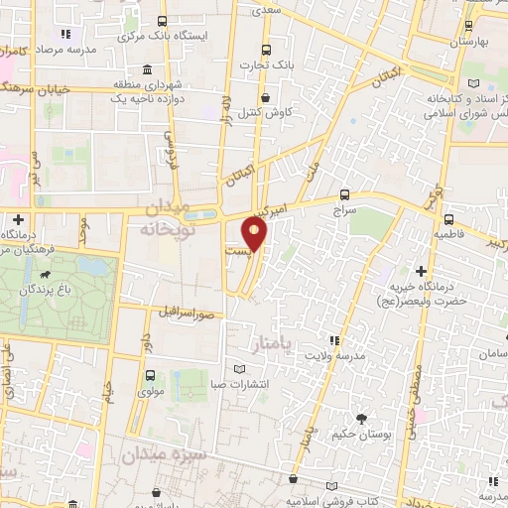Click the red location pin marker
pyautogui.click(x=255, y=235)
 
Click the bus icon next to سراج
pyautogui.click(x=344, y=195)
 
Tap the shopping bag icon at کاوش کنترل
pyautogui.click(x=266, y=97)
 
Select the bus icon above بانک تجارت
pyautogui.click(x=266, y=51)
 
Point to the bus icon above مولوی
pyautogui.click(x=150, y=375)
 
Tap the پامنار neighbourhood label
pyautogui.click(x=273, y=346)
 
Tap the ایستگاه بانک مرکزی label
pyautogui.click(x=125, y=37)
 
